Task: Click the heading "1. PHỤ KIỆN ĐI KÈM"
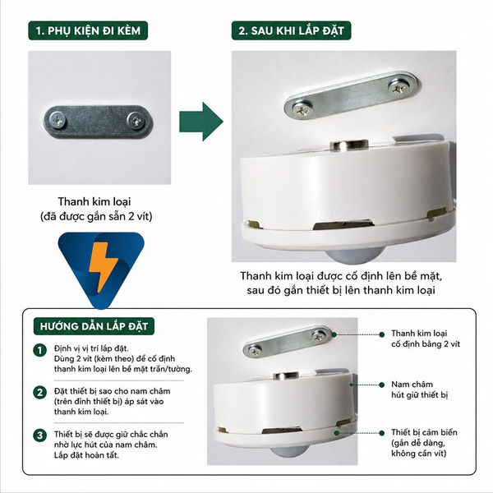(x=88, y=30)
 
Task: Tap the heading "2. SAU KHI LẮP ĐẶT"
(x=291, y=30)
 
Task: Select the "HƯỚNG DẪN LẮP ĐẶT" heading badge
(x=94, y=326)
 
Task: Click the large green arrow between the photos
(x=201, y=122)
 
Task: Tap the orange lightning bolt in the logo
(x=103, y=266)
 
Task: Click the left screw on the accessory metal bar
(x=58, y=120)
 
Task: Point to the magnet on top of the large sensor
(x=349, y=145)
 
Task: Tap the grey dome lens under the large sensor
(x=354, y=256)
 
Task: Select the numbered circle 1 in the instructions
(x=39, y=350)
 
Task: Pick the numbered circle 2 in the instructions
(x=39, y=393)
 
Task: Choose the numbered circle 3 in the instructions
(x=39, y=435)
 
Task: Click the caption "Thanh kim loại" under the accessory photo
(x=94, y=201)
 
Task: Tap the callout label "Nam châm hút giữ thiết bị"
(x=419, y=389)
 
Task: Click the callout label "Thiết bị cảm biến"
(x=424, y=432)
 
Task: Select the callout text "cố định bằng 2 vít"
(x=426, y=344)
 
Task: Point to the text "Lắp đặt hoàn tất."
(x=86, y=455)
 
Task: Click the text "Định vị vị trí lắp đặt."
(x=91, y=348)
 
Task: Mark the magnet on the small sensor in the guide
(x=286, y=376)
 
